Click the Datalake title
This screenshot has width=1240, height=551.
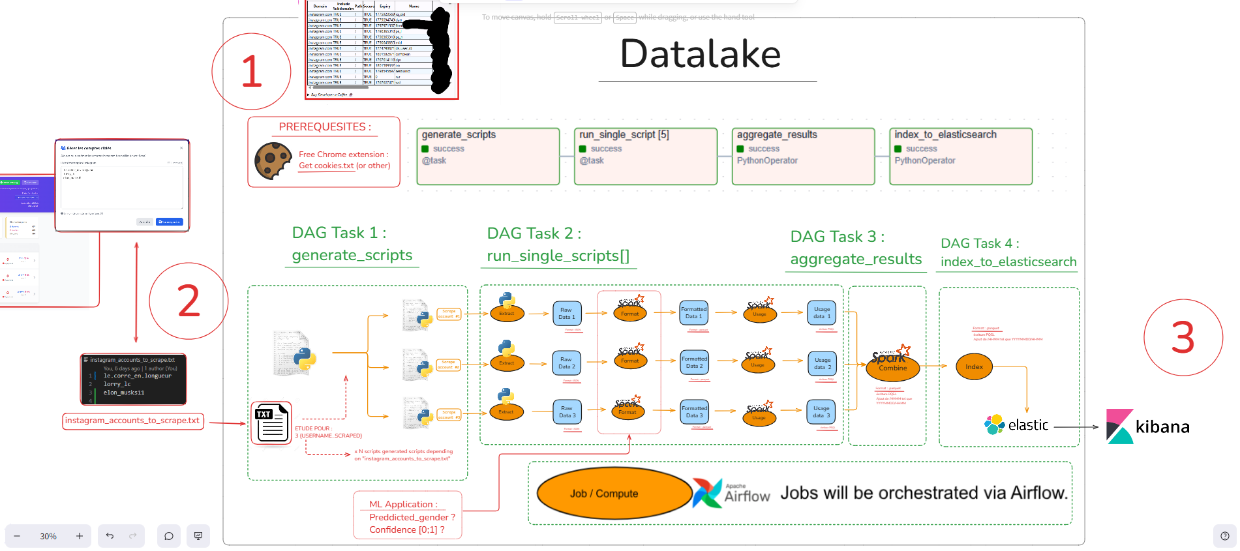[701, 54]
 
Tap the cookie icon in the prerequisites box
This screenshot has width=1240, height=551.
[273, 160]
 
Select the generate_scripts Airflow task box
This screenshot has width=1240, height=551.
[488, 156]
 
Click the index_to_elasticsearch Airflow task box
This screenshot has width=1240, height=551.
[960, 156]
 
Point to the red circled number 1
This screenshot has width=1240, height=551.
[251, 72]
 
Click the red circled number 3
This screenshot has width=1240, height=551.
[1183, 338]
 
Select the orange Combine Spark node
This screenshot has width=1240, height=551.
[892, 367]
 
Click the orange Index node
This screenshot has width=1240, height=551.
[974, 366]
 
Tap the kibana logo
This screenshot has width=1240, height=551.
[1148, 426]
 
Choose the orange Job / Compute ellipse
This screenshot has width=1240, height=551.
[613, 494]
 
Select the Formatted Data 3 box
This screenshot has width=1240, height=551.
[694, 411]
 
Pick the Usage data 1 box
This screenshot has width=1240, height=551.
[821, 312]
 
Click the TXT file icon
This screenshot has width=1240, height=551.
[271, 423]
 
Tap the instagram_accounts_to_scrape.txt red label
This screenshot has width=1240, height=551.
[132, 421]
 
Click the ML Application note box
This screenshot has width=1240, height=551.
[408, 516]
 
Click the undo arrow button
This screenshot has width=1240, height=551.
[110, 536]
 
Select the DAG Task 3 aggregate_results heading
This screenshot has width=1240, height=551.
[855, 248]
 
